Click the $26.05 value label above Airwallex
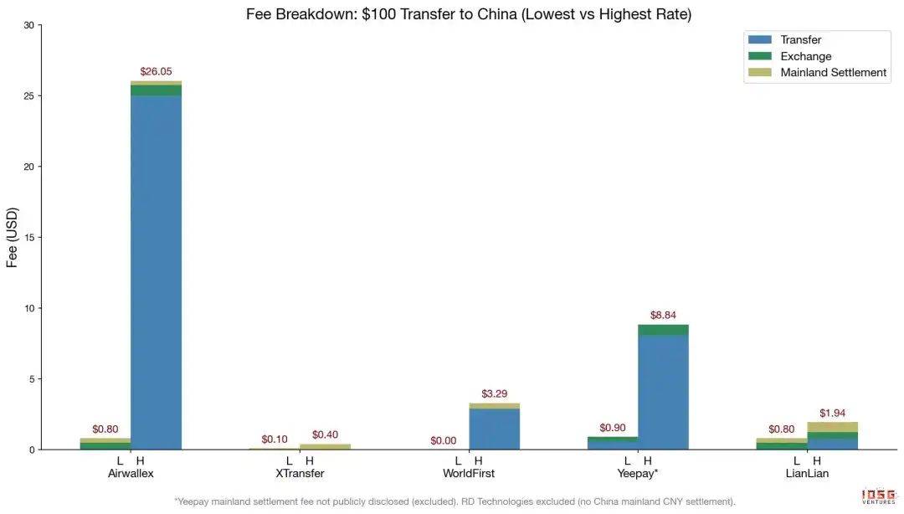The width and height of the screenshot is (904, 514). click(x=156, y=72)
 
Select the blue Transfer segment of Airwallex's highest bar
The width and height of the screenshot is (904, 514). click(x=156, y=268)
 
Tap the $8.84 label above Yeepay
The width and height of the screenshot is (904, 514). click(x=663, y=316)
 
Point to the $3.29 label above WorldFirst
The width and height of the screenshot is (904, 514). click(x=494, y=393)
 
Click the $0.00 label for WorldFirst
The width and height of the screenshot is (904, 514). click(x=444, y=440)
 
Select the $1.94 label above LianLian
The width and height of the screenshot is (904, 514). click(x=833, y=413)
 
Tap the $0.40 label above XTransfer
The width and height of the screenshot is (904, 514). click(x=325, y=434)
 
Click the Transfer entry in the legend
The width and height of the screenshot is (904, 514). click(x=800, y=40)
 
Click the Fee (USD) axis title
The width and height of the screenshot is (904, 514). click(x=13, y=238)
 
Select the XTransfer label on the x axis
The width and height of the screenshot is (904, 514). click(x=300, y=473)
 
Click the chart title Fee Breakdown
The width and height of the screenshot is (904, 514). click(x=469, y=14)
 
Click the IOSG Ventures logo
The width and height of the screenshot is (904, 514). click(x=879, y=496)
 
